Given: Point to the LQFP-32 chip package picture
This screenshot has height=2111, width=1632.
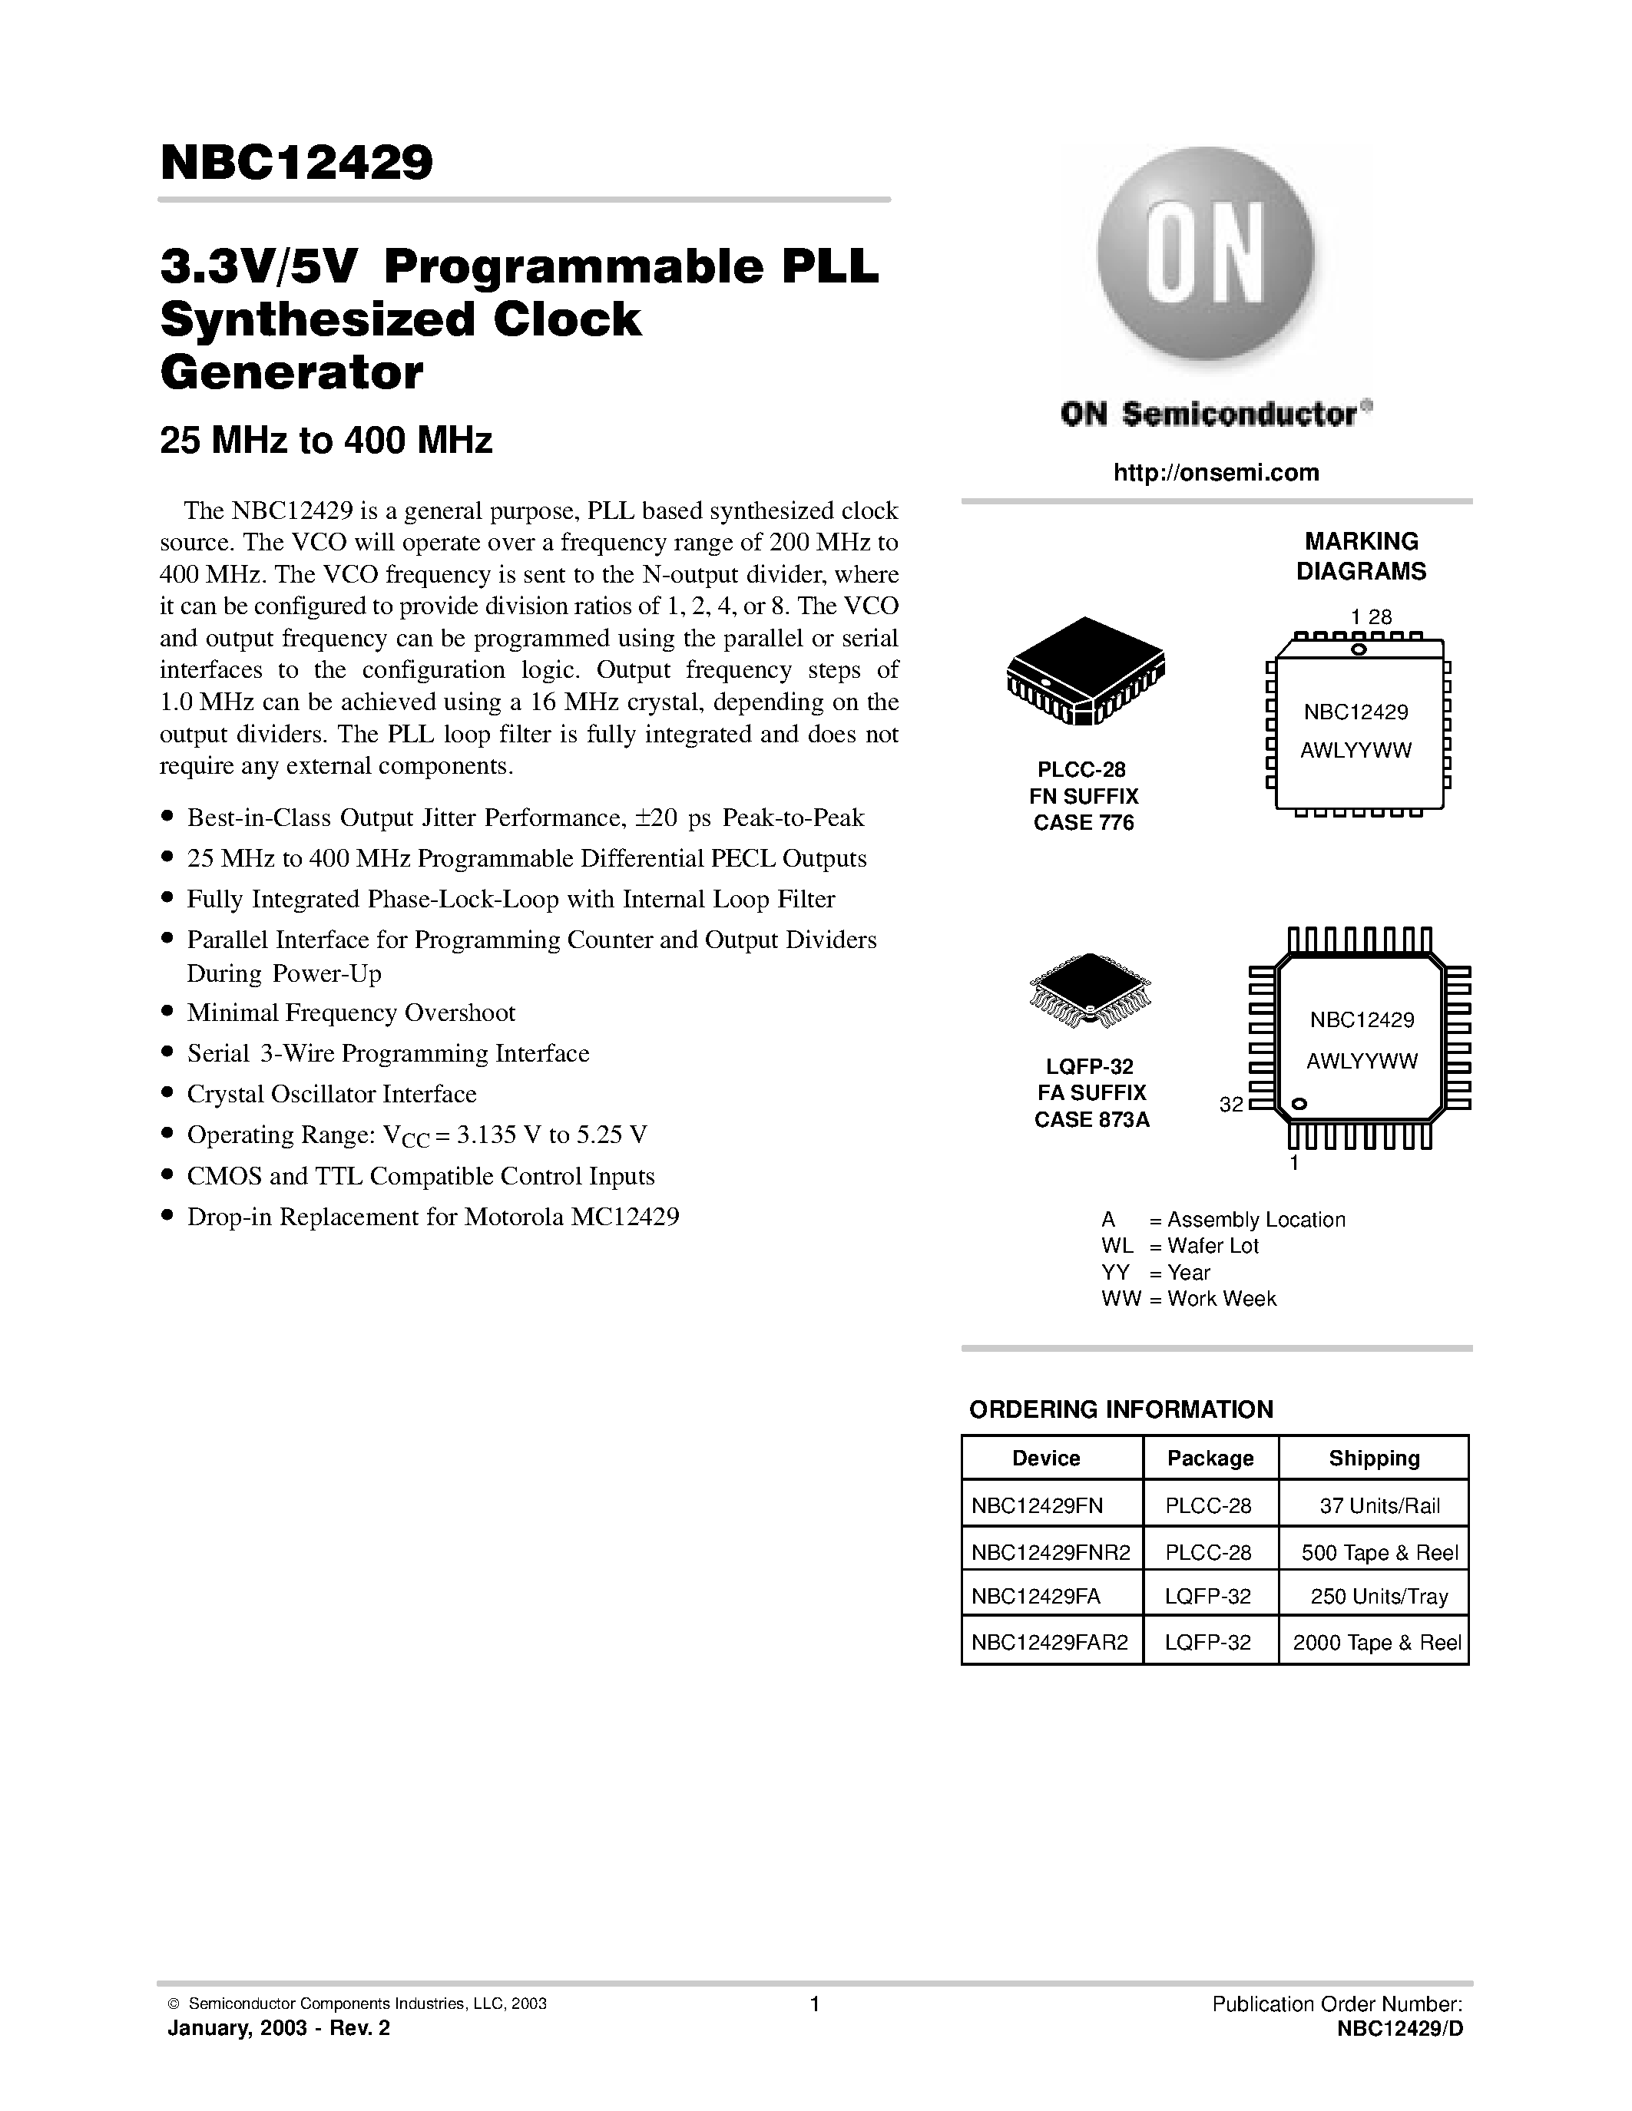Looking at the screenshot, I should click(1091, 989).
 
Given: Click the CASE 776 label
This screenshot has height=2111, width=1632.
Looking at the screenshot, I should click(1084, 823).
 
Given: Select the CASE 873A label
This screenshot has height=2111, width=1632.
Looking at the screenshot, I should click(1091, 1120).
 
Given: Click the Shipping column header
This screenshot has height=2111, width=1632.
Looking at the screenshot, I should click(1374, 1459).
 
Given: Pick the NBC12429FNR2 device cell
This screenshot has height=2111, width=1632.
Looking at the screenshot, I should click(1049, 1553).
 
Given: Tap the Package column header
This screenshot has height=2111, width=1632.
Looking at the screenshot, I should click(1210, 1459).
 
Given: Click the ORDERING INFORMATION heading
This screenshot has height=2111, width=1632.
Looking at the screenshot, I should click(1121, 1409).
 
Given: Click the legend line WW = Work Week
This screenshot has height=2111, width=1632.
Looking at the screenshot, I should click(1188, 1299).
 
